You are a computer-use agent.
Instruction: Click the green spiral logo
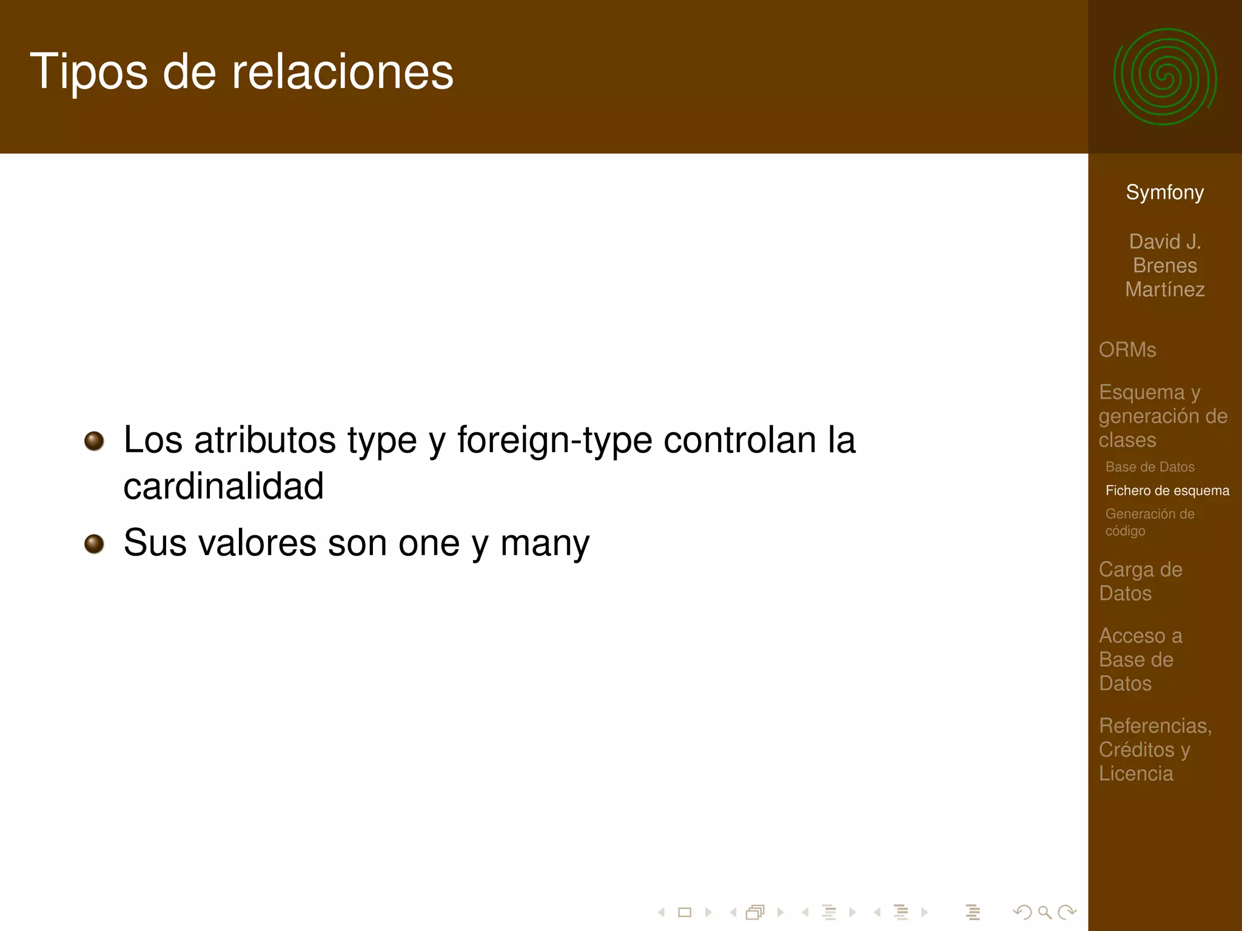click(x=1165, y=77)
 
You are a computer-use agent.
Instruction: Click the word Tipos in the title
click(x=89, y=72)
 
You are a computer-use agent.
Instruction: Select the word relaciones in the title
click(x=343, y=72)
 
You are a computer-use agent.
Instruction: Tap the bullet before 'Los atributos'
click(x=94, y=441)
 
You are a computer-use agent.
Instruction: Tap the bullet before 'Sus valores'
click(x=94, y=543)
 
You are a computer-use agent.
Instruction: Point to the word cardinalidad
click(x=223, y=486)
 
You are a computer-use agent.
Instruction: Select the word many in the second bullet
click(x=545, y=543)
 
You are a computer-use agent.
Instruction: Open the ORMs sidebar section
click(x=1127, y=350)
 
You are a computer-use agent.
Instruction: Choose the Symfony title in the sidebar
click(x=1164, y=192)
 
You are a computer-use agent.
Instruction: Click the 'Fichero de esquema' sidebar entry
click(x=1167, y=490)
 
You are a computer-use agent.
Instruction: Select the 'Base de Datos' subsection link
click(x=1150, y=467)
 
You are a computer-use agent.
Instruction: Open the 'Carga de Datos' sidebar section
click(x=1140, y=581)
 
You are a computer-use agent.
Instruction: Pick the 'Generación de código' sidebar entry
click(x=1150, y=522)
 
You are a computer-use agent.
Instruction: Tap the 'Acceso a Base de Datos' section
click(x=1140, y=659)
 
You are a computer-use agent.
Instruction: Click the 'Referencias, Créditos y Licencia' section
click(x=1155, y=749)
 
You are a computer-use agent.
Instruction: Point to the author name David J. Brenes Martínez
click(x=1164, y=265)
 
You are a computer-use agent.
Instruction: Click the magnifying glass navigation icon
click(x=1044, y=912)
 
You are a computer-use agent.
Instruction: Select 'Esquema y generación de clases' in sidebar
click(x=1163, y=416)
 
